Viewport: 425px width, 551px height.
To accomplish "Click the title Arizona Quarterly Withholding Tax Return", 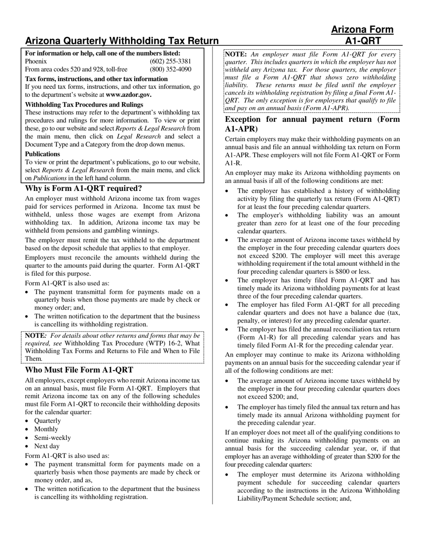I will click(x=122, y=41).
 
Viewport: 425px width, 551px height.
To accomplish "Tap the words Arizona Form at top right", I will click(x=362, y=30).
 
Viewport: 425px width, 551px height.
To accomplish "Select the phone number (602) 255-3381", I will click(x=170, y=61).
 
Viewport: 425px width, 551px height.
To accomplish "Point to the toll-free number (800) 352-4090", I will click(x=170, y=69).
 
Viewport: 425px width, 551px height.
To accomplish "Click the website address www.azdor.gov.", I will click(x=128, y=95).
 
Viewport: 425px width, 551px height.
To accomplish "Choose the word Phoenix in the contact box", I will click(x=36, y=61).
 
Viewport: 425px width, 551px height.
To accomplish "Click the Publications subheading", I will click(x=42, y=154).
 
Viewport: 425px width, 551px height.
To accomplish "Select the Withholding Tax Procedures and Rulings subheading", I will click(x=84, y=104).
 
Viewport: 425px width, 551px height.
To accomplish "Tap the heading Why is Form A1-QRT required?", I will click(x=83, y=189).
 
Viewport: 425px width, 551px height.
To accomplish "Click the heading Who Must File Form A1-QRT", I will click(x=79, y=370).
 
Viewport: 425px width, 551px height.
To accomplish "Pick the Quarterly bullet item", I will click(x=47, y=421).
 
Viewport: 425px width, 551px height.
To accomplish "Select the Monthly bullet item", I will click(x=46, y=429).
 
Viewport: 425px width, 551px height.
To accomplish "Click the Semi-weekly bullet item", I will click(x=52, y=438).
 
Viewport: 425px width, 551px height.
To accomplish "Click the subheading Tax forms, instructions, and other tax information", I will click(x=96, y=79).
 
